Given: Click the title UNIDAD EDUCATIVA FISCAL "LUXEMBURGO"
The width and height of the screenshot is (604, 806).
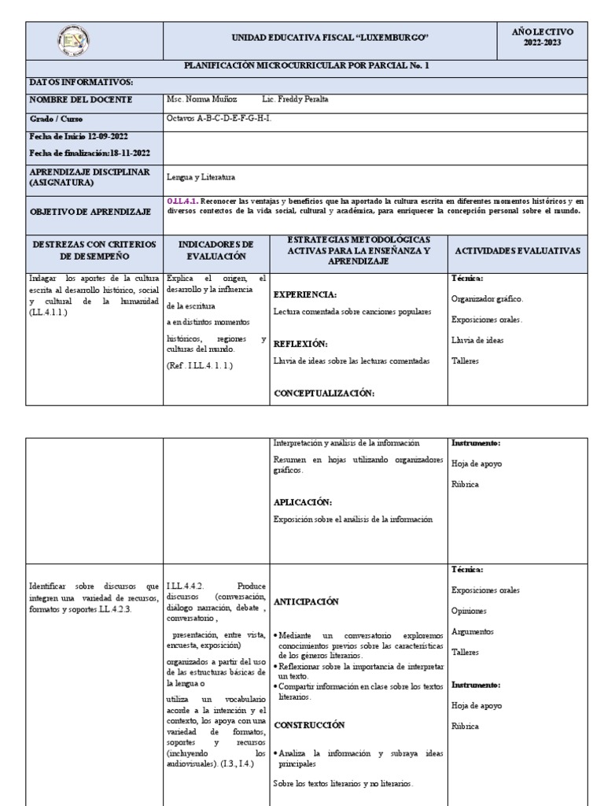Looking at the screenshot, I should (x=330, y=38).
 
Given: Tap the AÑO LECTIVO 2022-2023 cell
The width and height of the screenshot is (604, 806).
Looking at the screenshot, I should (x=543, y=37).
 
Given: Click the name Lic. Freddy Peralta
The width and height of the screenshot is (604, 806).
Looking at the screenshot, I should (x=295, y=100).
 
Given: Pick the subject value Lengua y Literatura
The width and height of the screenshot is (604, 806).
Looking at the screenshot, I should (x=201, y=177).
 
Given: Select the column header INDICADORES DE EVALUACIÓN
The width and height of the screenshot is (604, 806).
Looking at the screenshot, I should (x=215, y=250).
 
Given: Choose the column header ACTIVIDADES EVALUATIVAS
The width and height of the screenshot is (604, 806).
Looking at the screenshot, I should (x=517, y=250).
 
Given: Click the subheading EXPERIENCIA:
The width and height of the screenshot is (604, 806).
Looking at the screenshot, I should (x=305, y=294).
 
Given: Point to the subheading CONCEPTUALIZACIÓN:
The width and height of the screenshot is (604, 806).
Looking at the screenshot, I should (x=324, y=394).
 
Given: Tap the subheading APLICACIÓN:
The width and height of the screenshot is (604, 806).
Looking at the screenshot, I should (x=303, y=501).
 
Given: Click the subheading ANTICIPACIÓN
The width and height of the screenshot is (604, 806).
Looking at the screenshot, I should (x=306, y=601).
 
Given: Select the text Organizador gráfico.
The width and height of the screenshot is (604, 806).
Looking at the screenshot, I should (x=487, y=299).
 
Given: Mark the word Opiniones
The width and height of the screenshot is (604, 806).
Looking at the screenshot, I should (x=470, y=611).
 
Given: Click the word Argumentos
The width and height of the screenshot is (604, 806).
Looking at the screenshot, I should (x=473, y=631).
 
